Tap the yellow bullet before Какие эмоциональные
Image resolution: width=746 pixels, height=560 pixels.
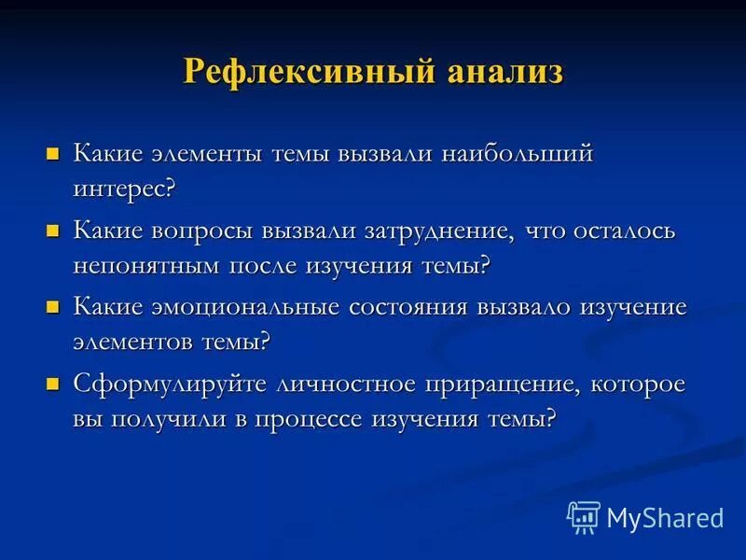[x=53, y=306]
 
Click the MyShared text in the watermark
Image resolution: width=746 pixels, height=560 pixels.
[x=664, y=517]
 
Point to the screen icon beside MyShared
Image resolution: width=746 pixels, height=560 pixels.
[x=584, y=516]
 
